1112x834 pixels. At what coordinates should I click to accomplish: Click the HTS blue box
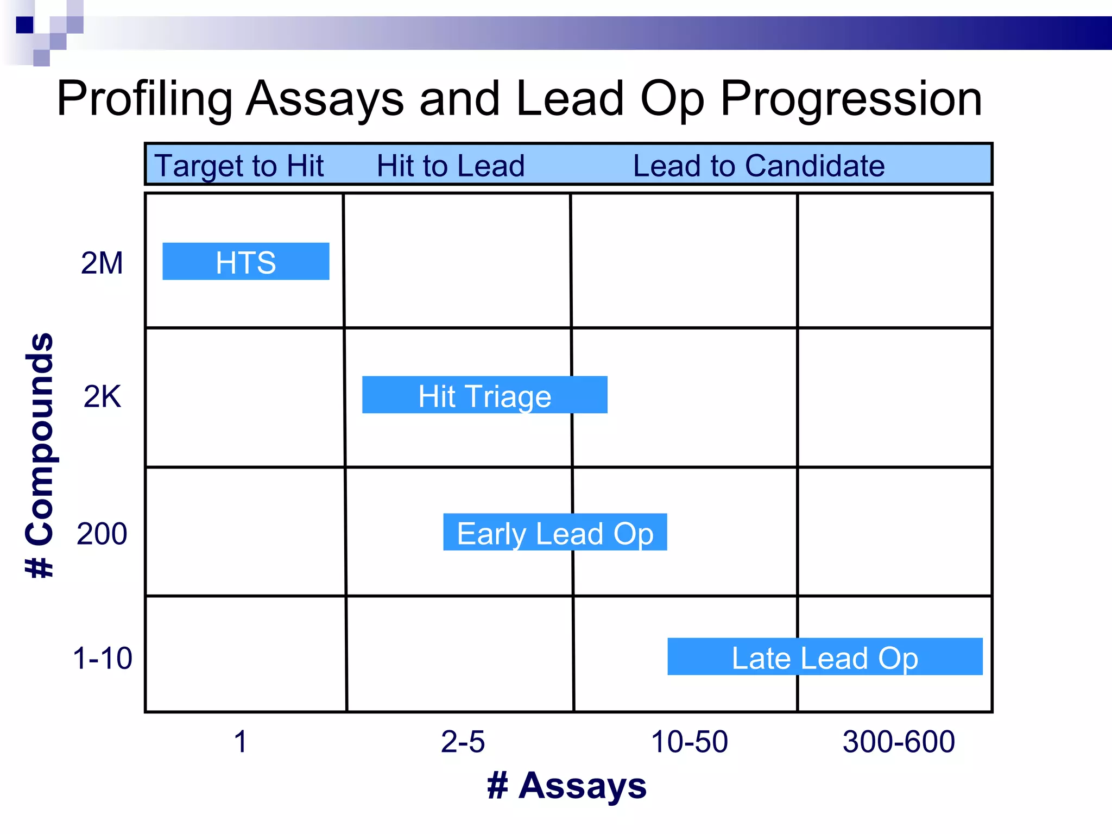tap(245, 262)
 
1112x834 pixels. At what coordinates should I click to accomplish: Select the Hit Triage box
tap(484, 395)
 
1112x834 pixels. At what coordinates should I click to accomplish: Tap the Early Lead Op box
tap(555, 532)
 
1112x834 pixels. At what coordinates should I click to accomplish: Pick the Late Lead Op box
tap(825, 657)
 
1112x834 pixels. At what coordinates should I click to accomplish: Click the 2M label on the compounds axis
tap(102, 263)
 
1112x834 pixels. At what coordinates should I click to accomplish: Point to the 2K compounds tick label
tap(102, 396)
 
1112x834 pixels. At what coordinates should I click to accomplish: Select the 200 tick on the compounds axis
tap(102, 534)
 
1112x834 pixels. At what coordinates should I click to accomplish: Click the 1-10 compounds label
tap(102, 658)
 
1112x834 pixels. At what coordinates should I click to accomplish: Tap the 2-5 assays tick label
tap(463, 742)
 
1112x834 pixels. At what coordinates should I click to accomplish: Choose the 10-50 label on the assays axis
tap(689, 742)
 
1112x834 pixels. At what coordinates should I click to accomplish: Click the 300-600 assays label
tap(899, 742)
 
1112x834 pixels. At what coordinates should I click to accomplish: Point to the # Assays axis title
tap(567, 785)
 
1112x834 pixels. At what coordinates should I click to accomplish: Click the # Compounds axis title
tap(40, 455)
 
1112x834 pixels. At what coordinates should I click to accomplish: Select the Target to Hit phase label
tap(239, 166)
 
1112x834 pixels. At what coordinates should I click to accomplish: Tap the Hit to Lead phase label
tap(451, 166)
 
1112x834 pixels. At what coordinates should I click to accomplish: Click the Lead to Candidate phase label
tap(759, 166)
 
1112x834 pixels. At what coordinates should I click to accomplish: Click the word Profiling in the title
tap(144, 99)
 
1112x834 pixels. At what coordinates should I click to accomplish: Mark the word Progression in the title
tap(851, 99)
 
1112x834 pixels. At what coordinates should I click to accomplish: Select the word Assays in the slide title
tap(325, 99)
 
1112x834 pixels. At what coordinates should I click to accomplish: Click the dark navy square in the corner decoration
tap(25, 25)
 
